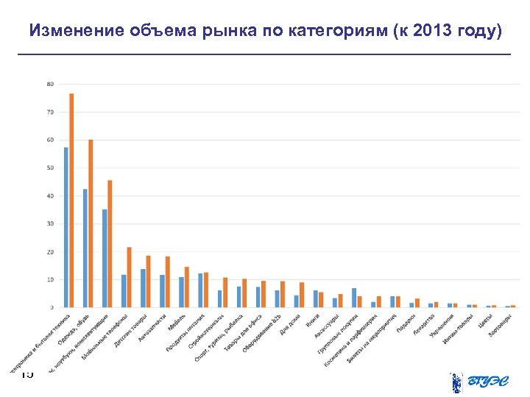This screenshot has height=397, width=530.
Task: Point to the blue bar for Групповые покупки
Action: click(354, 298)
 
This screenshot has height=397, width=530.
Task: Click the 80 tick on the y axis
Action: click(50, 84)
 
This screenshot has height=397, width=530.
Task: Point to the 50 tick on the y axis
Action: click(50, 168)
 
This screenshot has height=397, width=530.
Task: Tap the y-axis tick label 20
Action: click(50, 251)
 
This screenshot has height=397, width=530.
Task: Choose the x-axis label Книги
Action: click(312, 321)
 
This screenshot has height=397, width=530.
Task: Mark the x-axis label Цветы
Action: click(484, 322)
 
